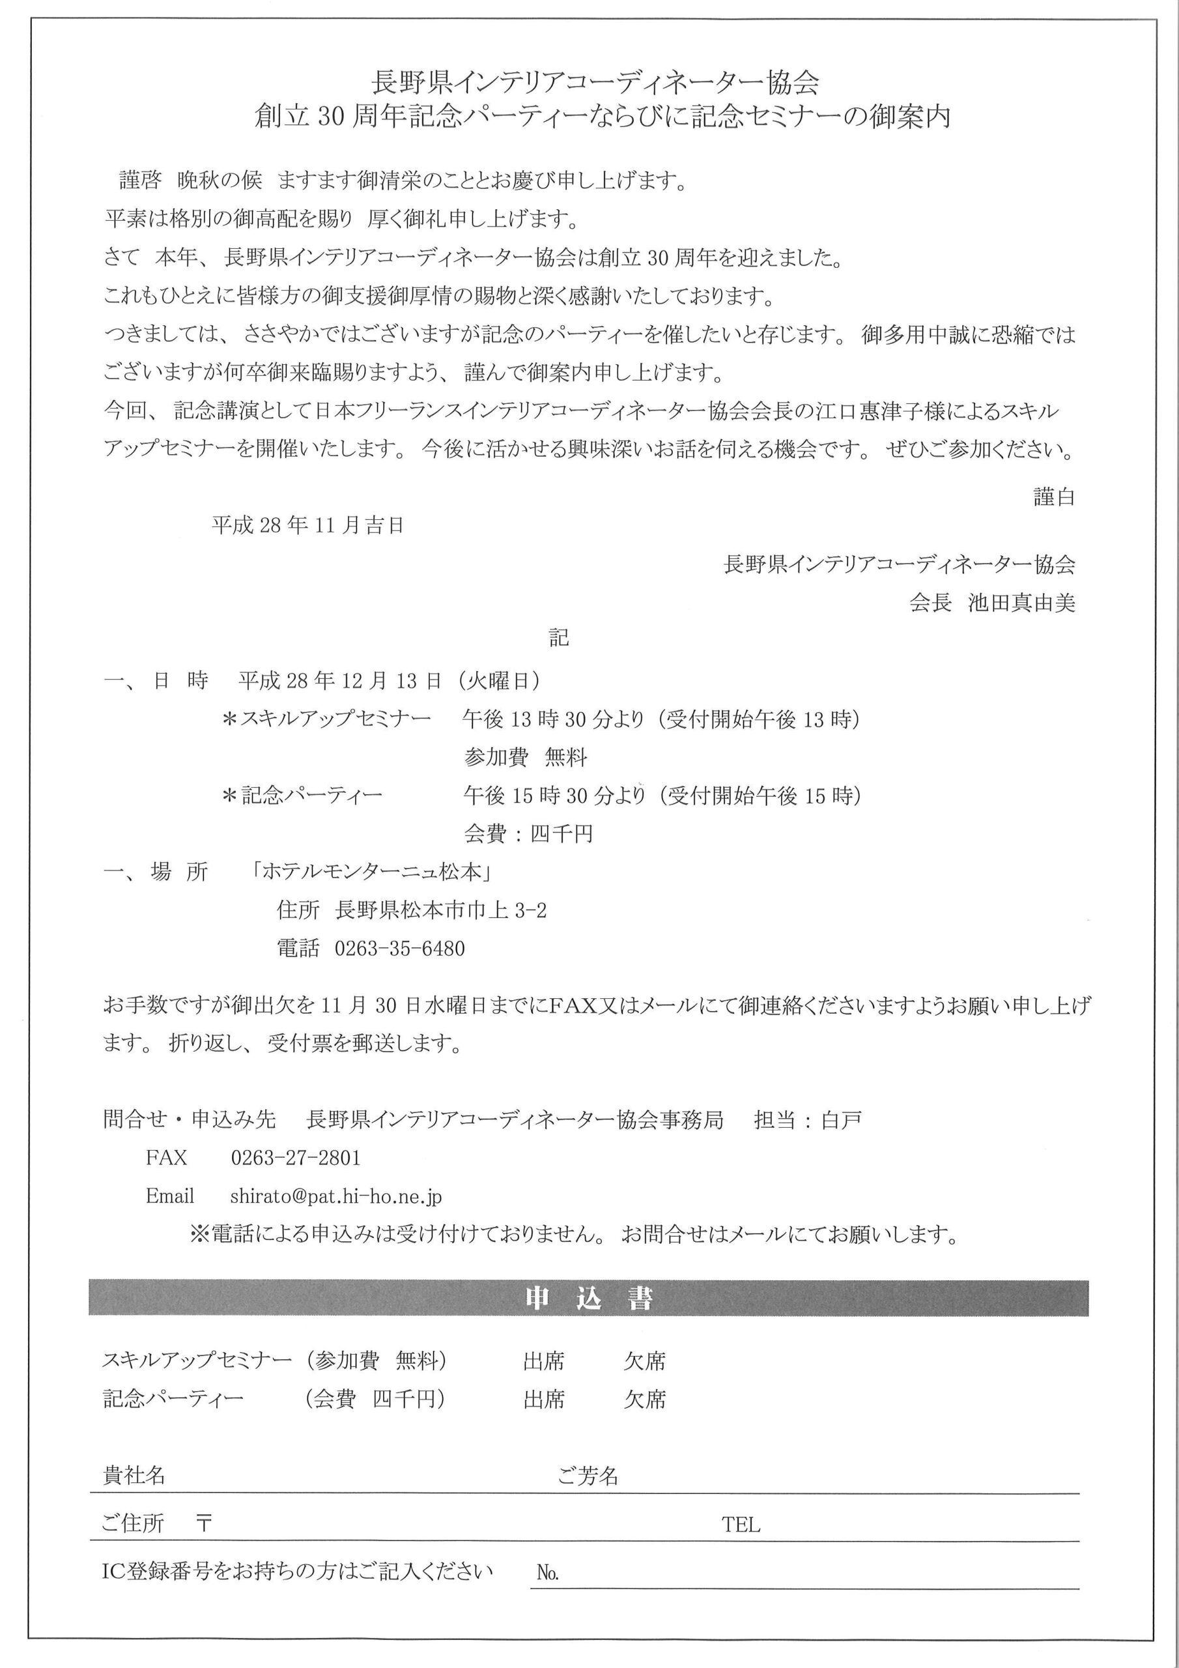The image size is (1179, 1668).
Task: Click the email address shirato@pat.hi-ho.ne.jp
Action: pyautogui.click(x=335, y=1196)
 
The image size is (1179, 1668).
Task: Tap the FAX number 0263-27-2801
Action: pyautogui.click(x=296, y=1157)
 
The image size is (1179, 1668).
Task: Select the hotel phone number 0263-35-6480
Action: pyautogui.click(x=399, y=949)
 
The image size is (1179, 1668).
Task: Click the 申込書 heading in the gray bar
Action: pyautogui.click(x=588, y=1298)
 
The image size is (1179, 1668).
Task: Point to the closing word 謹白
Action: pyautogui.click(x=1054, y=497)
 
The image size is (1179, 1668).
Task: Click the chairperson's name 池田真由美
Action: pyautogui.click(x=1021, y=603)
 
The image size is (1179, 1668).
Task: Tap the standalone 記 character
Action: pyautogui.click(x=559, y=638)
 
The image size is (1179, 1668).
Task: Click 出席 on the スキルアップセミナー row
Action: pyautogui.click(x=543, y=1360)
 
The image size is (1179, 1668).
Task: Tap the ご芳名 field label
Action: pyautogui.click(x=588, y=1476)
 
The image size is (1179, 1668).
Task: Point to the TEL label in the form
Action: pyautogui.click(x=741, y=1524)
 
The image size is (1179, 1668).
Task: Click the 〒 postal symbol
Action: pyautogui.click(x=204, y=1523)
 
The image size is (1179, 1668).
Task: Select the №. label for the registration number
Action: pyautogui.click(x=548, y=1573)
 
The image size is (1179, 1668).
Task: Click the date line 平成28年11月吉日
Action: pyautogui.click(x=307, y=525)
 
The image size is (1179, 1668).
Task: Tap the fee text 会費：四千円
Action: pyautogui.click(x=528, y=833)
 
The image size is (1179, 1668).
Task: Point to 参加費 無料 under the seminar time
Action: pyautogui.click(x=525, y=758)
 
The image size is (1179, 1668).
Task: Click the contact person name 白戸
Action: pyautogui.click(x=841, y=1119)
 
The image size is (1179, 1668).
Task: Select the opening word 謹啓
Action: pyautogui.click(x=140, y=180)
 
